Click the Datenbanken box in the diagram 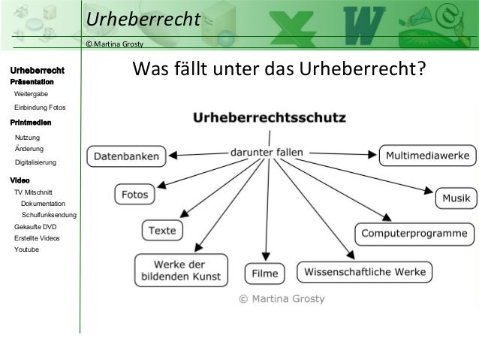pyautogui.click(x=125, y=157)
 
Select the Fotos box pyautogui.click(x=135, y=195)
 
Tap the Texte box pyautogui.click(x=161, y=230)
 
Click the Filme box pyautogui.click(x=265, y=273)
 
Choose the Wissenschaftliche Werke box pyautogui.click(x=365, y=271)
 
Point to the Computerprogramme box pyautogui.click(x=414, y=234)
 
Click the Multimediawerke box pyautogui.click(x=427, y=156)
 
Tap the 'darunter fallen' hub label pyautogui.click(x=267, y=152)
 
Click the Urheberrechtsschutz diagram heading pyautogui.click(x=270, y=118)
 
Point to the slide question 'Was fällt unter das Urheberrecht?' pyautogui.click(x=279, y=71)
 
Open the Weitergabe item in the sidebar pyautogui.click(x=31, y=93)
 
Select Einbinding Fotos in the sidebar pyautogui.click(x=40, y=108)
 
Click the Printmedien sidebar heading pyautogui.click(x=30, y=121)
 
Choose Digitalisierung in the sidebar pyautogui.click(x=35, y=162)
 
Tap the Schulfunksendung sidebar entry pyautogui.click(x=49, y=216)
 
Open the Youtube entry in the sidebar pyautogui.click(x=26, y=249)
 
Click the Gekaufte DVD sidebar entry pyautogui.click(x=35, y=226)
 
